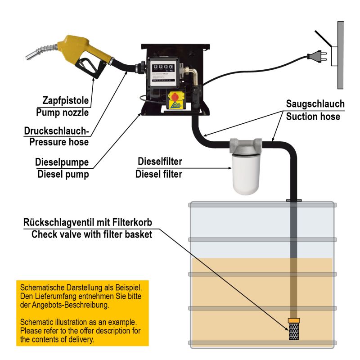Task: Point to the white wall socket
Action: [x=336, y=57]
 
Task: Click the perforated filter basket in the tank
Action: [x=294, y=333]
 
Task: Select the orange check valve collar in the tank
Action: [x=294, y=321]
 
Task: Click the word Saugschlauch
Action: [x=315, y=104]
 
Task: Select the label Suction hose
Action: [x=315, y=116]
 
